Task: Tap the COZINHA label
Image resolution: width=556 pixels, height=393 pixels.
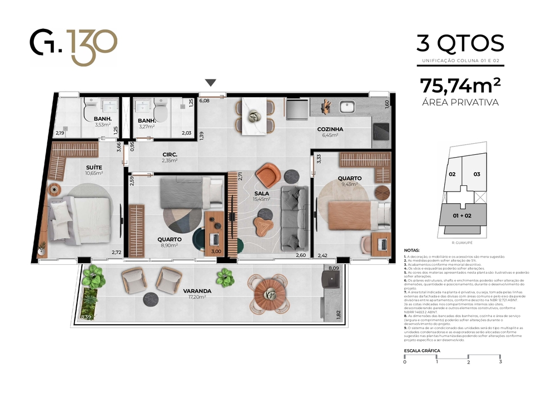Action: tap(330, 129)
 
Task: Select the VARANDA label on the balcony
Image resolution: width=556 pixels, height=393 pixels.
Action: tap(197, 290)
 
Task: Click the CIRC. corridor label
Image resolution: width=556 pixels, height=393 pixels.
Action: tap(170, 154)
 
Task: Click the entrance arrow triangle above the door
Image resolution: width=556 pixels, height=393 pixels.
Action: tap(210, 83)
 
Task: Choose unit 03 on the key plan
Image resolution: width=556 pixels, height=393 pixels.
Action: tap(476, 174)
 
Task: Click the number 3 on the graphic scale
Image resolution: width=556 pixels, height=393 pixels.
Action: tap(501, 361)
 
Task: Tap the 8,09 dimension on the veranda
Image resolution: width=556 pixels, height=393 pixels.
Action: tap(334, 269)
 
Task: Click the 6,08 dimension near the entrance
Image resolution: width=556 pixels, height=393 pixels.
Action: tap(204, 101)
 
